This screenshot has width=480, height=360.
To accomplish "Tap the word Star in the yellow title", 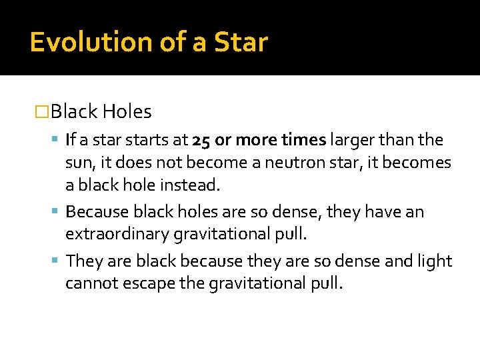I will tap(241, 42).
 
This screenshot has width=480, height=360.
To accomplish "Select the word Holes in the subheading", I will tap(127, 111).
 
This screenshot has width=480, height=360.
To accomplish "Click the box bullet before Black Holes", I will tap(42, 111).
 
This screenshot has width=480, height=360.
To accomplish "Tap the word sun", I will tap(78, 163).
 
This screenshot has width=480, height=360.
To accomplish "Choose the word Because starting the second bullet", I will tap(97, 212).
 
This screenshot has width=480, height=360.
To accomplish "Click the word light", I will tap(435, 261).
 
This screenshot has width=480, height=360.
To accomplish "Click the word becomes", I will tap(423, 163).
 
